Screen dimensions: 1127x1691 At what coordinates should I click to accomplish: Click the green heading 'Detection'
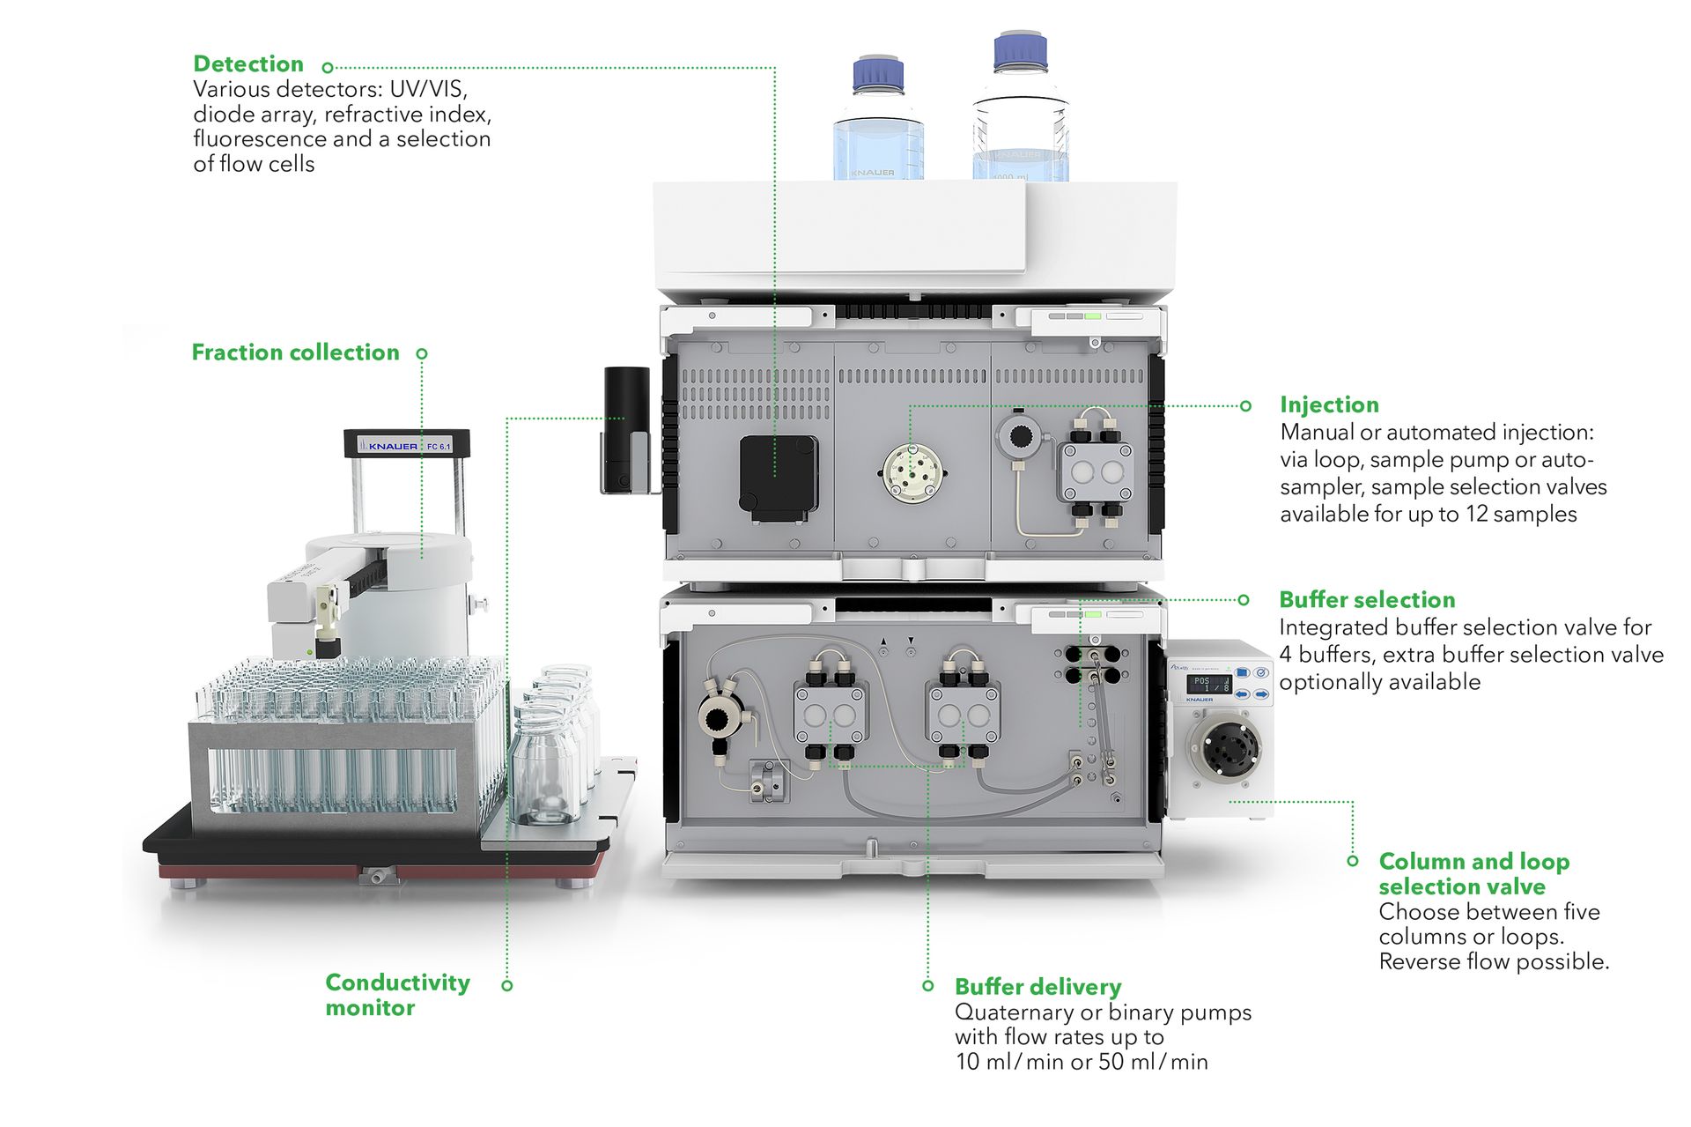[247, 64]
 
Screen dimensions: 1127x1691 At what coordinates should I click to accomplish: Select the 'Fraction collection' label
[295, 352]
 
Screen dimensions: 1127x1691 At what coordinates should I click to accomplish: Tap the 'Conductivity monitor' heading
[396, 995]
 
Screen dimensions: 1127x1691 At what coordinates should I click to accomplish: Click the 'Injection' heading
[1328, 404]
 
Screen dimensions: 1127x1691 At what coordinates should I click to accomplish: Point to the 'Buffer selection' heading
[1366, 600]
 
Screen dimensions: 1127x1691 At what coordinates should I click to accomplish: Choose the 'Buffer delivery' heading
[1037, 987]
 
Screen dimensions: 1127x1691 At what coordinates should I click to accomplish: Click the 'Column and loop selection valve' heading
[1473, 873]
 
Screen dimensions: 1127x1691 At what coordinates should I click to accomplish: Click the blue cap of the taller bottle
[1020, 52]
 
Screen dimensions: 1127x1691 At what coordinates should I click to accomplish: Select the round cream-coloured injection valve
[912, 473]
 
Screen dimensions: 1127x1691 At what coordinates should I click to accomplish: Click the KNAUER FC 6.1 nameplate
[407, 446]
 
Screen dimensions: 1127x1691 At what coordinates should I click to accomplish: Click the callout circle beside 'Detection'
[328, 67]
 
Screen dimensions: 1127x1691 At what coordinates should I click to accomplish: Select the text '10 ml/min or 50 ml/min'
[1081, 1062]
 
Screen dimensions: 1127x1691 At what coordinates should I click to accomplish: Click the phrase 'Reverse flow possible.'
[1493, 961]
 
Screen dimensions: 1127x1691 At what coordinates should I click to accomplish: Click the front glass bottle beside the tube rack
[545, 767]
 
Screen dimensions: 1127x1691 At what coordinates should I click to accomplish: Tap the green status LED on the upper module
[1092, 315]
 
